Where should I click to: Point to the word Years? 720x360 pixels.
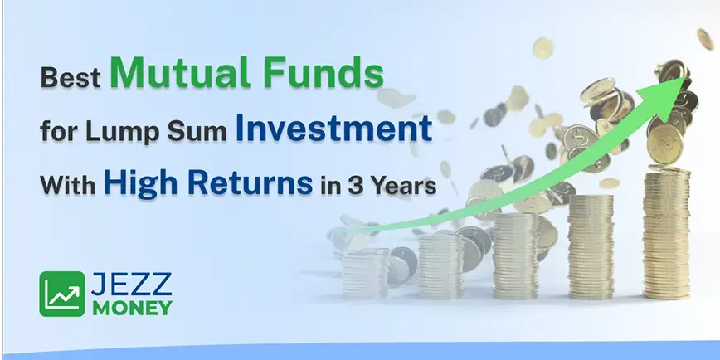tap(405, 185)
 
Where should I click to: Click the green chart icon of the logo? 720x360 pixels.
tap(61, 294)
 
